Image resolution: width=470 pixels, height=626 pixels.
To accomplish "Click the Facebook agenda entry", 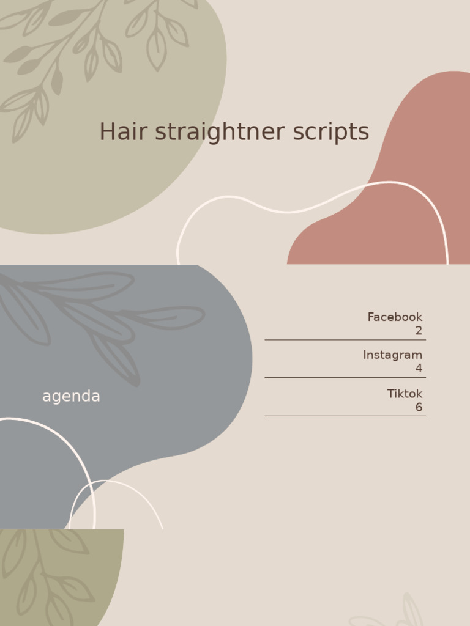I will coord(395,317).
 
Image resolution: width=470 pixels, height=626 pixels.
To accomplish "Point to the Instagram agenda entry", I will coord(392,355).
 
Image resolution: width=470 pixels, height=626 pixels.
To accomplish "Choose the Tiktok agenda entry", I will coord(405,394).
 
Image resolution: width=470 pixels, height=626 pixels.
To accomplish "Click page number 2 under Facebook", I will coord(419,331).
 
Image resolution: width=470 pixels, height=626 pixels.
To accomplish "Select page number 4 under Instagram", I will coord(419,369).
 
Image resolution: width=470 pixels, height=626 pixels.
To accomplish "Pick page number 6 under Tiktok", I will coord(419,407).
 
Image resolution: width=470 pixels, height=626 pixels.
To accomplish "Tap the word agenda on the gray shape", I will coord(71,397).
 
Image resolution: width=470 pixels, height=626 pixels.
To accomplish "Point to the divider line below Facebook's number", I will coord(345,340).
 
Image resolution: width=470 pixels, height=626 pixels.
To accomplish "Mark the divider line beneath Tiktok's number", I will coord(345,416).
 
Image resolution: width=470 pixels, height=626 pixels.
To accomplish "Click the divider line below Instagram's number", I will coord(345,378).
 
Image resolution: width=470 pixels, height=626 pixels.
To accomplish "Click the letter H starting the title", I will coord(107,132).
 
